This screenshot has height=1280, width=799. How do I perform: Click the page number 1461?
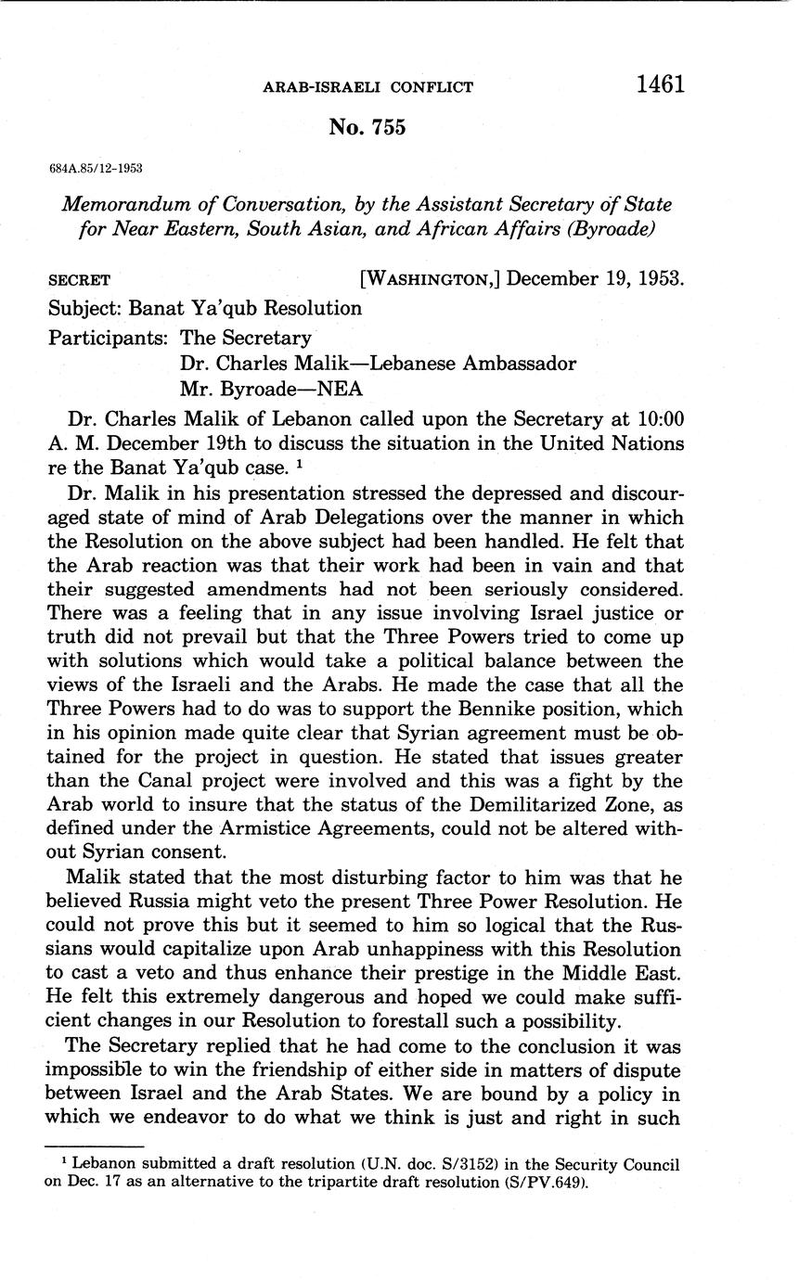click(x=660, y=85)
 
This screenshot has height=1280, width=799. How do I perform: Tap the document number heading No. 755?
click(x=367, y=128)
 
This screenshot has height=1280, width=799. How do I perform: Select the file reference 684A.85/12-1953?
click(x=96, y=168)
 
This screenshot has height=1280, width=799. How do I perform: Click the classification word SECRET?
click(x=79, y=280)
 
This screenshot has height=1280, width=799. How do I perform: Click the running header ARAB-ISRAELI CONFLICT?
click(x=368, y=87)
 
